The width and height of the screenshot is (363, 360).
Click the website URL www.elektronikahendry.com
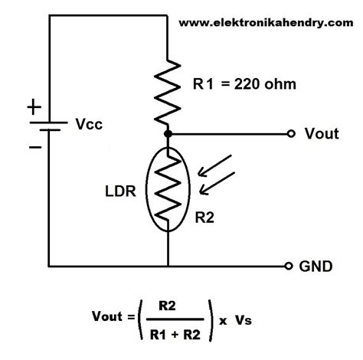click(x=260, y=22)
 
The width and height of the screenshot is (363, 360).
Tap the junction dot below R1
click(x=167, y=133)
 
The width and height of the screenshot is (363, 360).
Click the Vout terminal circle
click(x=289, y=133)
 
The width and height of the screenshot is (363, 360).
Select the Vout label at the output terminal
click(x=321, y=134)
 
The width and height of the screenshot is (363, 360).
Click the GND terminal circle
click(x=289, y=266)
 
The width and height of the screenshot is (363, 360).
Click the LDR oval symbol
click(x=167, y=188)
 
